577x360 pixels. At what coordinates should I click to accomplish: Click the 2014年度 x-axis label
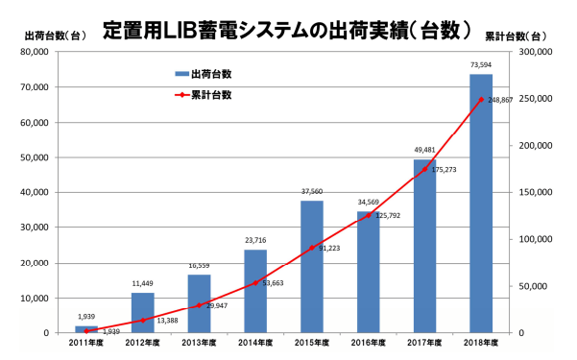point(255,344)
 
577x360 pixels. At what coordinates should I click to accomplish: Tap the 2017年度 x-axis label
point(423,344)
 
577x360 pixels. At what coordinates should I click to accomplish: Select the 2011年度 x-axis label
point(87,344)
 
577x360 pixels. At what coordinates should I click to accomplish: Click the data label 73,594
point(480,65)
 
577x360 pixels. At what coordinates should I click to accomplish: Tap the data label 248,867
point(503,100)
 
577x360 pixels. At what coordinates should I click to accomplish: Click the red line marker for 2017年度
point(424,169)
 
